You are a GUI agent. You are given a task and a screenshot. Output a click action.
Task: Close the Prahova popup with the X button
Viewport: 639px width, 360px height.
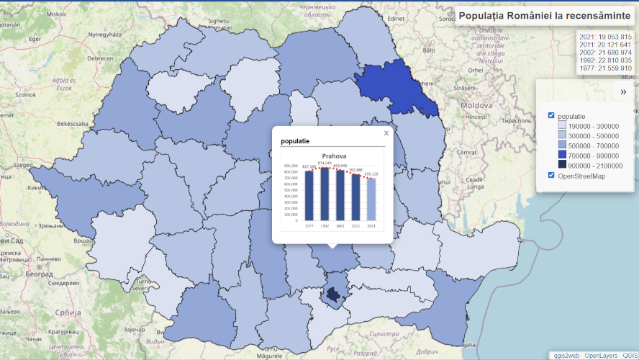point(386,133)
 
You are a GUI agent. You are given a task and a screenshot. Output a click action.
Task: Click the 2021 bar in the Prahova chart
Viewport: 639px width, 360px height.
point(371,198)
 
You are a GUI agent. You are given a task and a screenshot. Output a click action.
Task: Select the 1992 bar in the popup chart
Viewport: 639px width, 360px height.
point(325,193)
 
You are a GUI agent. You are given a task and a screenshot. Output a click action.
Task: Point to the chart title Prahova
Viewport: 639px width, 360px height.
point(334,156)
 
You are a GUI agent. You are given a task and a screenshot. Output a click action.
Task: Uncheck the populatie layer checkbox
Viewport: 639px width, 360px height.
point(551,115)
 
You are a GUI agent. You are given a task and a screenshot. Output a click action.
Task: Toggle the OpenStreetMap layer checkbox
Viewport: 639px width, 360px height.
point(551,175)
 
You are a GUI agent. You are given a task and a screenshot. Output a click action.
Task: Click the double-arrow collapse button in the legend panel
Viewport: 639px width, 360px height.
point(623,92)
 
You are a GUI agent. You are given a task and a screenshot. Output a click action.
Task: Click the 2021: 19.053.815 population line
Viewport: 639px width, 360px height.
point(605,37)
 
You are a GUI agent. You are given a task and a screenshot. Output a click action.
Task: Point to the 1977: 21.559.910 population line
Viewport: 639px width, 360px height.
point(605,68)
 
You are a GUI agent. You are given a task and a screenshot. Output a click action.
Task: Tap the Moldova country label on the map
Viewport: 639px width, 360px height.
point(476,105)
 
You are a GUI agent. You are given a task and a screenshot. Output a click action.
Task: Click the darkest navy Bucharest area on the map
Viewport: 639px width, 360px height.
point(333,294)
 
